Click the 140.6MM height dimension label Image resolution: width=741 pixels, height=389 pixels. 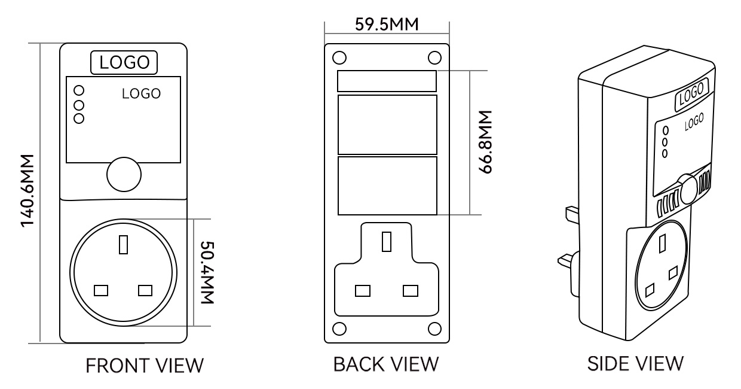(x=27, y=191)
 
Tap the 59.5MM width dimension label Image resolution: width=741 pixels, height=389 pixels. (x=387, y=25)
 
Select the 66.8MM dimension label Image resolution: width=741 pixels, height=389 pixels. (x=486, y=142)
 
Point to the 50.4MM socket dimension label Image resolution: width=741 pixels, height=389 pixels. (x=208, y=272)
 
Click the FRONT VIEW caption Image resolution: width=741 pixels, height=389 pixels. (x=145, y=366)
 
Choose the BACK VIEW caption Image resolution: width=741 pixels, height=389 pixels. (x=386, y=364)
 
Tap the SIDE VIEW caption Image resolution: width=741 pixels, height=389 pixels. (x=635, y=363)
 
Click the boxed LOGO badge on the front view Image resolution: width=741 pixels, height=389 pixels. (x=124, y=62)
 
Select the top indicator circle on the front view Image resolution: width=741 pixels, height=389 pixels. (x=79, y=90)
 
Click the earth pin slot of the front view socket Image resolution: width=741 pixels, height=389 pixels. (x=123, y=245)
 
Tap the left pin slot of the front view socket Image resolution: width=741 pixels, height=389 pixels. (x=101, y=291)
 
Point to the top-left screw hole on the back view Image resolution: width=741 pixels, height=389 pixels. (x=339, y=57)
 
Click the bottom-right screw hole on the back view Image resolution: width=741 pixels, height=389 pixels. (x=434, y=329)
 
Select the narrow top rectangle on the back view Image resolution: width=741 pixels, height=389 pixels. (x=387, y=81)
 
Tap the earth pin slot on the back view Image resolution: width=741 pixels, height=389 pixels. (x=387, y=242)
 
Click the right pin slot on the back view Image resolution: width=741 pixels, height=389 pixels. (x=410, y=291)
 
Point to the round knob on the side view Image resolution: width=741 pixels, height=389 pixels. (x=687, y=189)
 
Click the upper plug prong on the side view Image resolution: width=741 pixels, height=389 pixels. (x=572, y=214)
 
